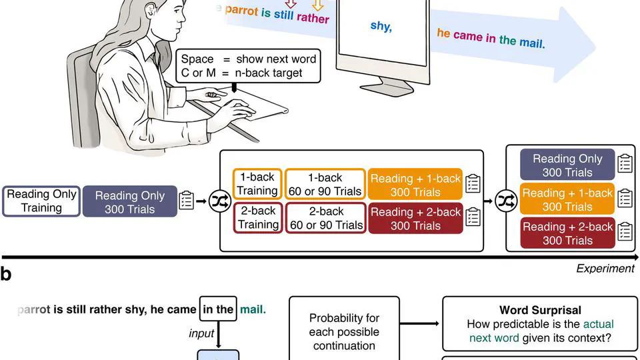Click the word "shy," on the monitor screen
381,26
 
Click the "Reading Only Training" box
41,201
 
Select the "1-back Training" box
257,184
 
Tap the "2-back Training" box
257,218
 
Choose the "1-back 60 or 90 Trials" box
325,184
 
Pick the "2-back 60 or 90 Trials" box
325,218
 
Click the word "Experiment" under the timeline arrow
605,269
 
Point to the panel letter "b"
6,274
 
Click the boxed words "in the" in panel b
218,309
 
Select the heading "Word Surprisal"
540,310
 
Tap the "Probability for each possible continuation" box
344,332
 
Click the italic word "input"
201,333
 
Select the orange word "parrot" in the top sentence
241,11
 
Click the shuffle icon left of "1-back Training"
219,201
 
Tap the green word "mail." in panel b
253,309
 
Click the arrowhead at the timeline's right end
633,257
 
